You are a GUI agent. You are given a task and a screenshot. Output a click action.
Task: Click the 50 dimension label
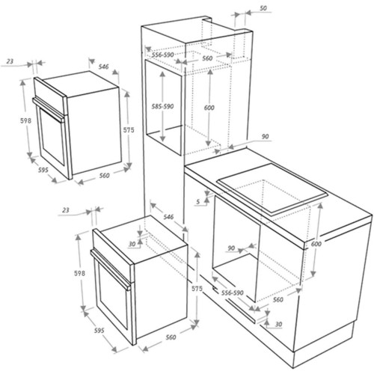(x=263, y=8)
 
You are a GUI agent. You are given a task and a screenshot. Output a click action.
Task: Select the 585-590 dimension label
(x=162, y=106)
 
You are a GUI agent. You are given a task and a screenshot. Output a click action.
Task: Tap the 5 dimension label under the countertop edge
(x=198, y=201)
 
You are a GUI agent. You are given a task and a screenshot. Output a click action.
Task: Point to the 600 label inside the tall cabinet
(x=209, y=108)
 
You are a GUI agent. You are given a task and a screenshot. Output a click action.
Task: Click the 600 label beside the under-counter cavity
(x=316, y=244)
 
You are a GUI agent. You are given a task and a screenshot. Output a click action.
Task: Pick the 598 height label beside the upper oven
(x=25, y=120)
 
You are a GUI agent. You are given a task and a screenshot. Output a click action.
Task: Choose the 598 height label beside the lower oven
(x=79, y=274)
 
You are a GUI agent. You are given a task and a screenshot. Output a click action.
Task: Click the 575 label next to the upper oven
(x=129, y=130)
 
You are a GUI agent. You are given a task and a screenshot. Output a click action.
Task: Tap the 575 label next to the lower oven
(x=197, y=289)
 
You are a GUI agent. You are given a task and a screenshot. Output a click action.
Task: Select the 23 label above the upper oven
(x=10, y=61)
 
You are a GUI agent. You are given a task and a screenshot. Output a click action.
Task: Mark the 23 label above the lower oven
(x=65, y=210)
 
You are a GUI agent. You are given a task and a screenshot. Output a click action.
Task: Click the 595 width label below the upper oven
(x=43, y=170)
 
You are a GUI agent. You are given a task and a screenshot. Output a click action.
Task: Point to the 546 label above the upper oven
(x=103, y=67)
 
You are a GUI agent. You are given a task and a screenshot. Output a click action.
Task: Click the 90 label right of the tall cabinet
(x=266, y=137)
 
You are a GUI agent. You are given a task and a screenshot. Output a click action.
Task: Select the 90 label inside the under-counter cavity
(x=231, y=248)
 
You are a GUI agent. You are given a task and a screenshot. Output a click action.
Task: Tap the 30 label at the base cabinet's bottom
(x=278, y=324)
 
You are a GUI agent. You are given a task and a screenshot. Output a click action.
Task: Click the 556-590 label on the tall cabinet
(x=162, y=55)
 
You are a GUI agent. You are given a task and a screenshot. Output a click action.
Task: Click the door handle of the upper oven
(x=48, y=110)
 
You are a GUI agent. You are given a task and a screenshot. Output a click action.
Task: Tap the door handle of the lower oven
(x=111, y=270)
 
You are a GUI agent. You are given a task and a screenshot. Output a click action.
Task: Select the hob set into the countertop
(x=272, y=189)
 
